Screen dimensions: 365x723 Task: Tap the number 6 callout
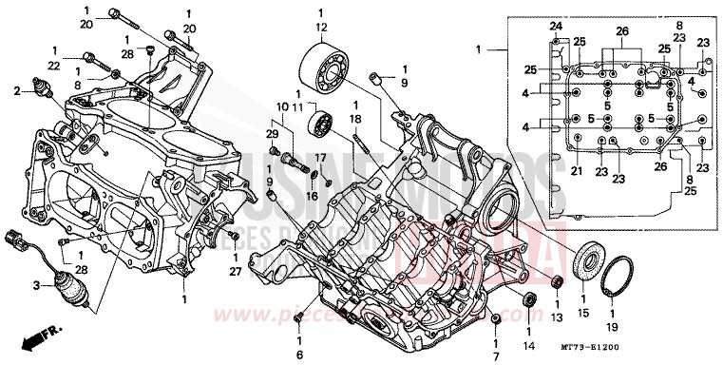click(299, 353)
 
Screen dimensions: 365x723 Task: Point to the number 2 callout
click(16, 90)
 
